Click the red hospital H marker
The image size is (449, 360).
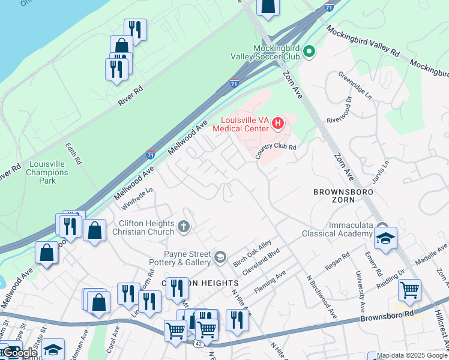pos(278,124)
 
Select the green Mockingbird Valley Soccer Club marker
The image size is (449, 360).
pos(310,52)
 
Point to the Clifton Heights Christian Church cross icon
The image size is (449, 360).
pos(184,226)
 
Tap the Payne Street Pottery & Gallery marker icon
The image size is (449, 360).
pos(220,258)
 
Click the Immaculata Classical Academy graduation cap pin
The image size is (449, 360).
pos(385,238)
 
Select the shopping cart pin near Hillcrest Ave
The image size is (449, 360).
pos(409,290)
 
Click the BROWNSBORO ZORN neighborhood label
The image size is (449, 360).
pos(343,196)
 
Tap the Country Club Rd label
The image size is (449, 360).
pos(276,151)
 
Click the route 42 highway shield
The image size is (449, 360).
pos(198,344)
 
